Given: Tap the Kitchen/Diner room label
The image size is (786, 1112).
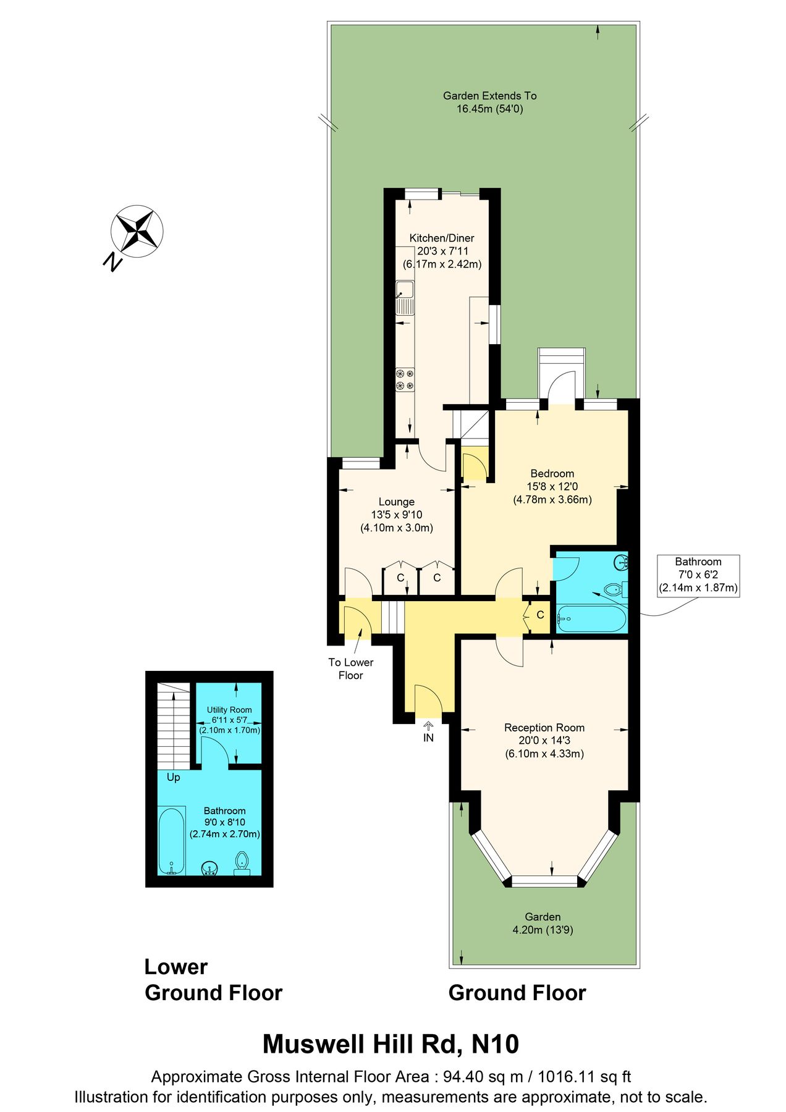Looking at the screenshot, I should pyautogui.click(x=442, y=238).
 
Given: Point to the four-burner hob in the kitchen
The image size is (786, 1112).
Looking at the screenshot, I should pyautogui.click(x=405, y=379).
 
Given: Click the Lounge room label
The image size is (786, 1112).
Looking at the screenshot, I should pyautogui.click(x=396, y=502).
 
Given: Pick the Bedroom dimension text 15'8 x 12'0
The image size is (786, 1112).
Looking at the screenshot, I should pyautogui.click(x=552, y=486).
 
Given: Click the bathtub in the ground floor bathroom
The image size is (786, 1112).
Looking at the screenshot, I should pyautogui.click(x=591, y=618).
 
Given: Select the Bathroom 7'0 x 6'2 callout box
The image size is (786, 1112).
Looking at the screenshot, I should pyautogui.click(x=698, y=575).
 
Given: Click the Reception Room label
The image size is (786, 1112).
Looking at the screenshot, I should pyautogui.click(x=544, y=728).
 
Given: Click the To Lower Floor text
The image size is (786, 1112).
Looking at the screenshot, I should pyautogui.click(x=350, y=668).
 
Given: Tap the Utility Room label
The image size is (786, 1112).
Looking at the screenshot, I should pyautogui.click(x=229, y=710).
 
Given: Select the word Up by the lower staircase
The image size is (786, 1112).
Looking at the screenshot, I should pyautogui.click(x=173, y=777).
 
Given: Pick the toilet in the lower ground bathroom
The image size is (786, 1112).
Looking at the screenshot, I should pyautogui.click(x=242, y=862).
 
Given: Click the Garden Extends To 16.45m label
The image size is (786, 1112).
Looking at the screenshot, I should pyautogui.click(x=489, y=102).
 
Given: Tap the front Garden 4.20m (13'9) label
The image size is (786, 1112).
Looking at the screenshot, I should pyautogui.click(x=543, y=923).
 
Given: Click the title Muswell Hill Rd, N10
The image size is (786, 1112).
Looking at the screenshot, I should pyautogui.click(x=391, y=1043).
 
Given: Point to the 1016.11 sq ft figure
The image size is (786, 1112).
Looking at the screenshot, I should pyautogui.click(x=584, y=1077).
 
